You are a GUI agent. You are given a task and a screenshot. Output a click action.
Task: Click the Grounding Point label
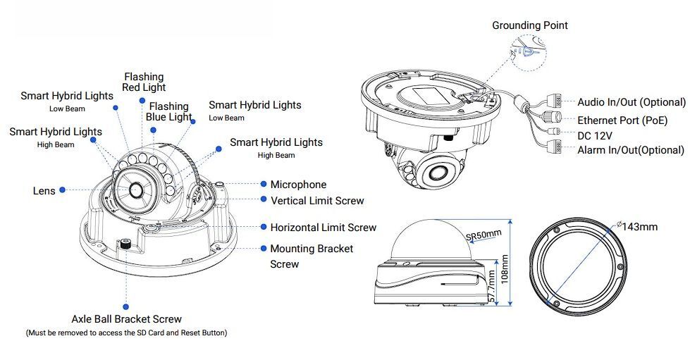point(529,25)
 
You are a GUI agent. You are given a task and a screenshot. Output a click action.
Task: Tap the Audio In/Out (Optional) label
point(632,102)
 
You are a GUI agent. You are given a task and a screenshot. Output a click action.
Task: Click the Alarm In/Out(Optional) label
point(631,150)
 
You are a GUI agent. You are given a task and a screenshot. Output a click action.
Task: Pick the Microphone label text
point(298,185)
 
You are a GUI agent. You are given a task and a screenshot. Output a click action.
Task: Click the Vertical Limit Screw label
point(317,201)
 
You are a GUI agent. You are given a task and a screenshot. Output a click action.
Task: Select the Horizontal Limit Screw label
point(323,228)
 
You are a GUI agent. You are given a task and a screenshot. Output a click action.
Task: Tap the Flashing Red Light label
point(144,82)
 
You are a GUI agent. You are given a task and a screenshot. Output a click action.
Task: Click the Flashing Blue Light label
point(168,112)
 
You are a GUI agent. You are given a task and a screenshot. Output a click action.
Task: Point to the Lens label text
point(44,191)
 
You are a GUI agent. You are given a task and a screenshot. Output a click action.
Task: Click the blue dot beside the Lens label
point(63,190)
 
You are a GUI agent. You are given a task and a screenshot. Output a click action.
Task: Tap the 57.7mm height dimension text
point(491,287)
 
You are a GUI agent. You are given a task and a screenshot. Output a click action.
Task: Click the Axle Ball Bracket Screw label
point(127,319)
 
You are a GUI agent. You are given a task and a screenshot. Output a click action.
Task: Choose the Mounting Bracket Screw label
point(312,256)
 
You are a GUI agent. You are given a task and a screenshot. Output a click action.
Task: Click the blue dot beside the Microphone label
point(264,184)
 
